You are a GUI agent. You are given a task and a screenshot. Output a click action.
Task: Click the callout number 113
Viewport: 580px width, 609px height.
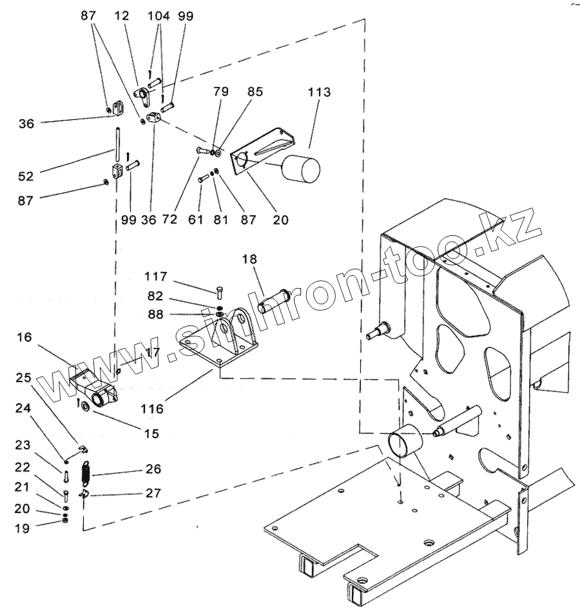click(x=319, y=93)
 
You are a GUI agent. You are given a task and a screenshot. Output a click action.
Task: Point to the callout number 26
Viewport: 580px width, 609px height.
click(x=154, y=469)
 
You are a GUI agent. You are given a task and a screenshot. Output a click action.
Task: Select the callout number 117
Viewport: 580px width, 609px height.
click(x=156, y=276)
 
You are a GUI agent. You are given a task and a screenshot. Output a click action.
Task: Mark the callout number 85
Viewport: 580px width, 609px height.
click(x=255, y=92)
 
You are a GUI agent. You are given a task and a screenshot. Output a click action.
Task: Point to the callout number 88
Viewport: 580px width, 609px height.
click(x=156, y=315)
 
